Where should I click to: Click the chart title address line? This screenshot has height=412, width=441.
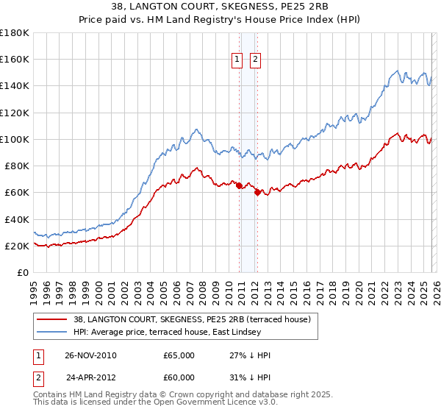pyautogui.click(x=220, y=7)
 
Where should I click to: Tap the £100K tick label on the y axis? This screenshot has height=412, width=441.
pyautogui.click(x=14, y=139)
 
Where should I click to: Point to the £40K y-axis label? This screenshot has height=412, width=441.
pyautogui.click(x=16, y=219)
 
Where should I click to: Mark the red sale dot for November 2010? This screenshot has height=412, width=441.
pyautogui.click(x=240, y=186)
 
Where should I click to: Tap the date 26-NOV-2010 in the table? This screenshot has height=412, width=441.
pyautogui.click(x=90, y=355)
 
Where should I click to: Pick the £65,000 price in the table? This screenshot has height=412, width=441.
pyautogui.click(x=179, y=355)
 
